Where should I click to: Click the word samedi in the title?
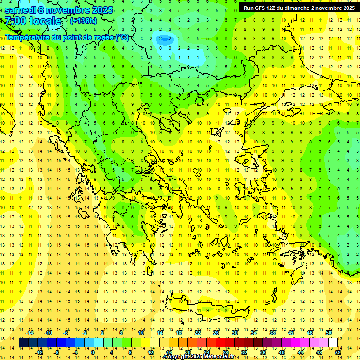pyautogui.click(x=20, y=10)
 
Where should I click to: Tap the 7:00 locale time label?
pyautogui.click(x=33, y=21)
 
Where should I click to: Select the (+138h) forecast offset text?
pyautogui.click(x=83, y=21)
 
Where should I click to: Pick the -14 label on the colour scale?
pyautogui.click(x=30, y=333)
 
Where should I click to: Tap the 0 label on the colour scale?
pyautogui.click(x=92, y=352)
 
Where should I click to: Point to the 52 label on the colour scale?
pyautogui.click(x=337, y=352)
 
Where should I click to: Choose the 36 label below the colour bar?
pyautogui.click(x=262, y=352)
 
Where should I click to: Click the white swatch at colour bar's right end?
pyautogui.click(x=333, y=343)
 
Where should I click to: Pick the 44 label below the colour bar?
pyautogui.click(x=300, y=352)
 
